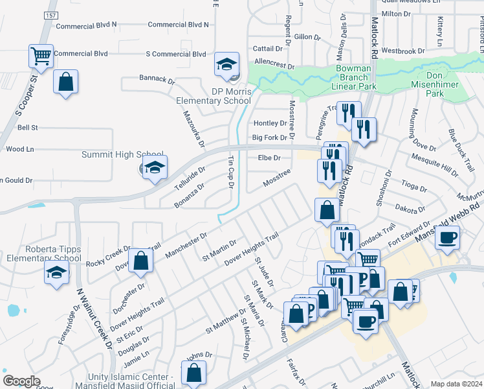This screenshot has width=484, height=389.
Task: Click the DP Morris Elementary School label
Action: (214, 96)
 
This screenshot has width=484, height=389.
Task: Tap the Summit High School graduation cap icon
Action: (155, 168)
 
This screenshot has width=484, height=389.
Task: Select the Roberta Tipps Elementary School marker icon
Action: (56, 273)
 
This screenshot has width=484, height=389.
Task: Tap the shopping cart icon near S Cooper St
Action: (41, 55)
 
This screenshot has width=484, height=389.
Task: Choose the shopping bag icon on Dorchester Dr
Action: (140, 261)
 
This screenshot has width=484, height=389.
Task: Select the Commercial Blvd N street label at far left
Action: (87, 25)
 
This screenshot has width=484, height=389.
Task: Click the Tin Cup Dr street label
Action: (230, 172)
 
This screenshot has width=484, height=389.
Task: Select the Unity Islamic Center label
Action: (122, 377)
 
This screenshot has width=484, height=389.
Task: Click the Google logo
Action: (21, 381)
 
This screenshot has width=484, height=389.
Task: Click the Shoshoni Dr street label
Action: (384, 188)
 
